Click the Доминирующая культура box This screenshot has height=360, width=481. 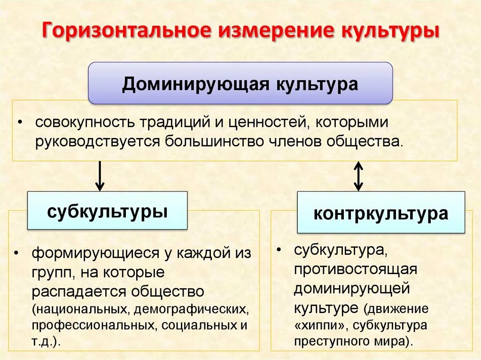(x=240, y=83)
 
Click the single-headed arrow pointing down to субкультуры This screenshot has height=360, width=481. (x=99, y=176)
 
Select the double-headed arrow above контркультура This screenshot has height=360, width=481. (x=358, y=176)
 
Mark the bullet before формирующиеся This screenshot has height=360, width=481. (x=17, y=253)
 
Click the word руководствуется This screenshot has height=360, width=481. (x=98, y=141)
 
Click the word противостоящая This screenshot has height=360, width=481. (x=356, y=270)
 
